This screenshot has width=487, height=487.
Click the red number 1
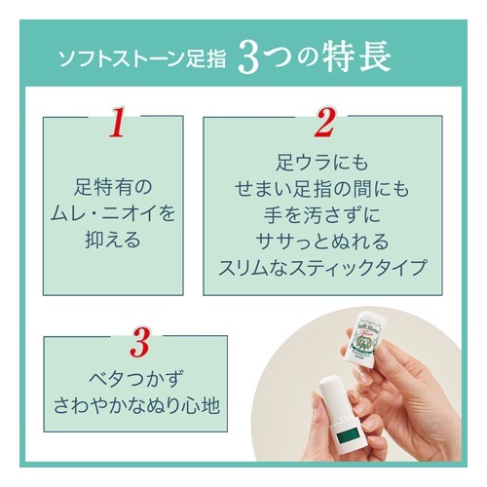pyautogui.click(x=117, y=122)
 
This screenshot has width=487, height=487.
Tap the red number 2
pyautogui.click(x=324, y=122)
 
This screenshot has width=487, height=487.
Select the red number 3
pyautogui.click(x=140, y=342)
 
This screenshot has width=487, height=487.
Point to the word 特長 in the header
pyautogui.click(x=357, y=58)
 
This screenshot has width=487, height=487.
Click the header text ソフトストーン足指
pyautogui.click(x=142, y=59)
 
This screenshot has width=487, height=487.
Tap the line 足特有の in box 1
pyautogui.click(x=113, y=187)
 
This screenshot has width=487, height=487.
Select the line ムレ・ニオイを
pyautogui.click(x=113, y=213)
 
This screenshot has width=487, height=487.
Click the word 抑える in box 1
pyautogui.click(x=113, y=240)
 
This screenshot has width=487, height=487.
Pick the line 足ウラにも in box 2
pyautogui.click(x=322, y=163)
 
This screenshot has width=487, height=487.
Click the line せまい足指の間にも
pyautogui.click(x=322, y=189)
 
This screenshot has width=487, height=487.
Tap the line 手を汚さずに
pyautogui.click(x=322, y=215)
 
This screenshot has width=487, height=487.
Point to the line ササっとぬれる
pyautogui.click(x=322, y=242)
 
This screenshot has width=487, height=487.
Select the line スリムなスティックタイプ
pyautogui.click(x=322, y=268)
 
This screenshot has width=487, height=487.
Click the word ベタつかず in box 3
pyautogui.click(x=135, y=379)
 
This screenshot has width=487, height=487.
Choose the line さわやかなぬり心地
pyautogui.click(x=136, y=406)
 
